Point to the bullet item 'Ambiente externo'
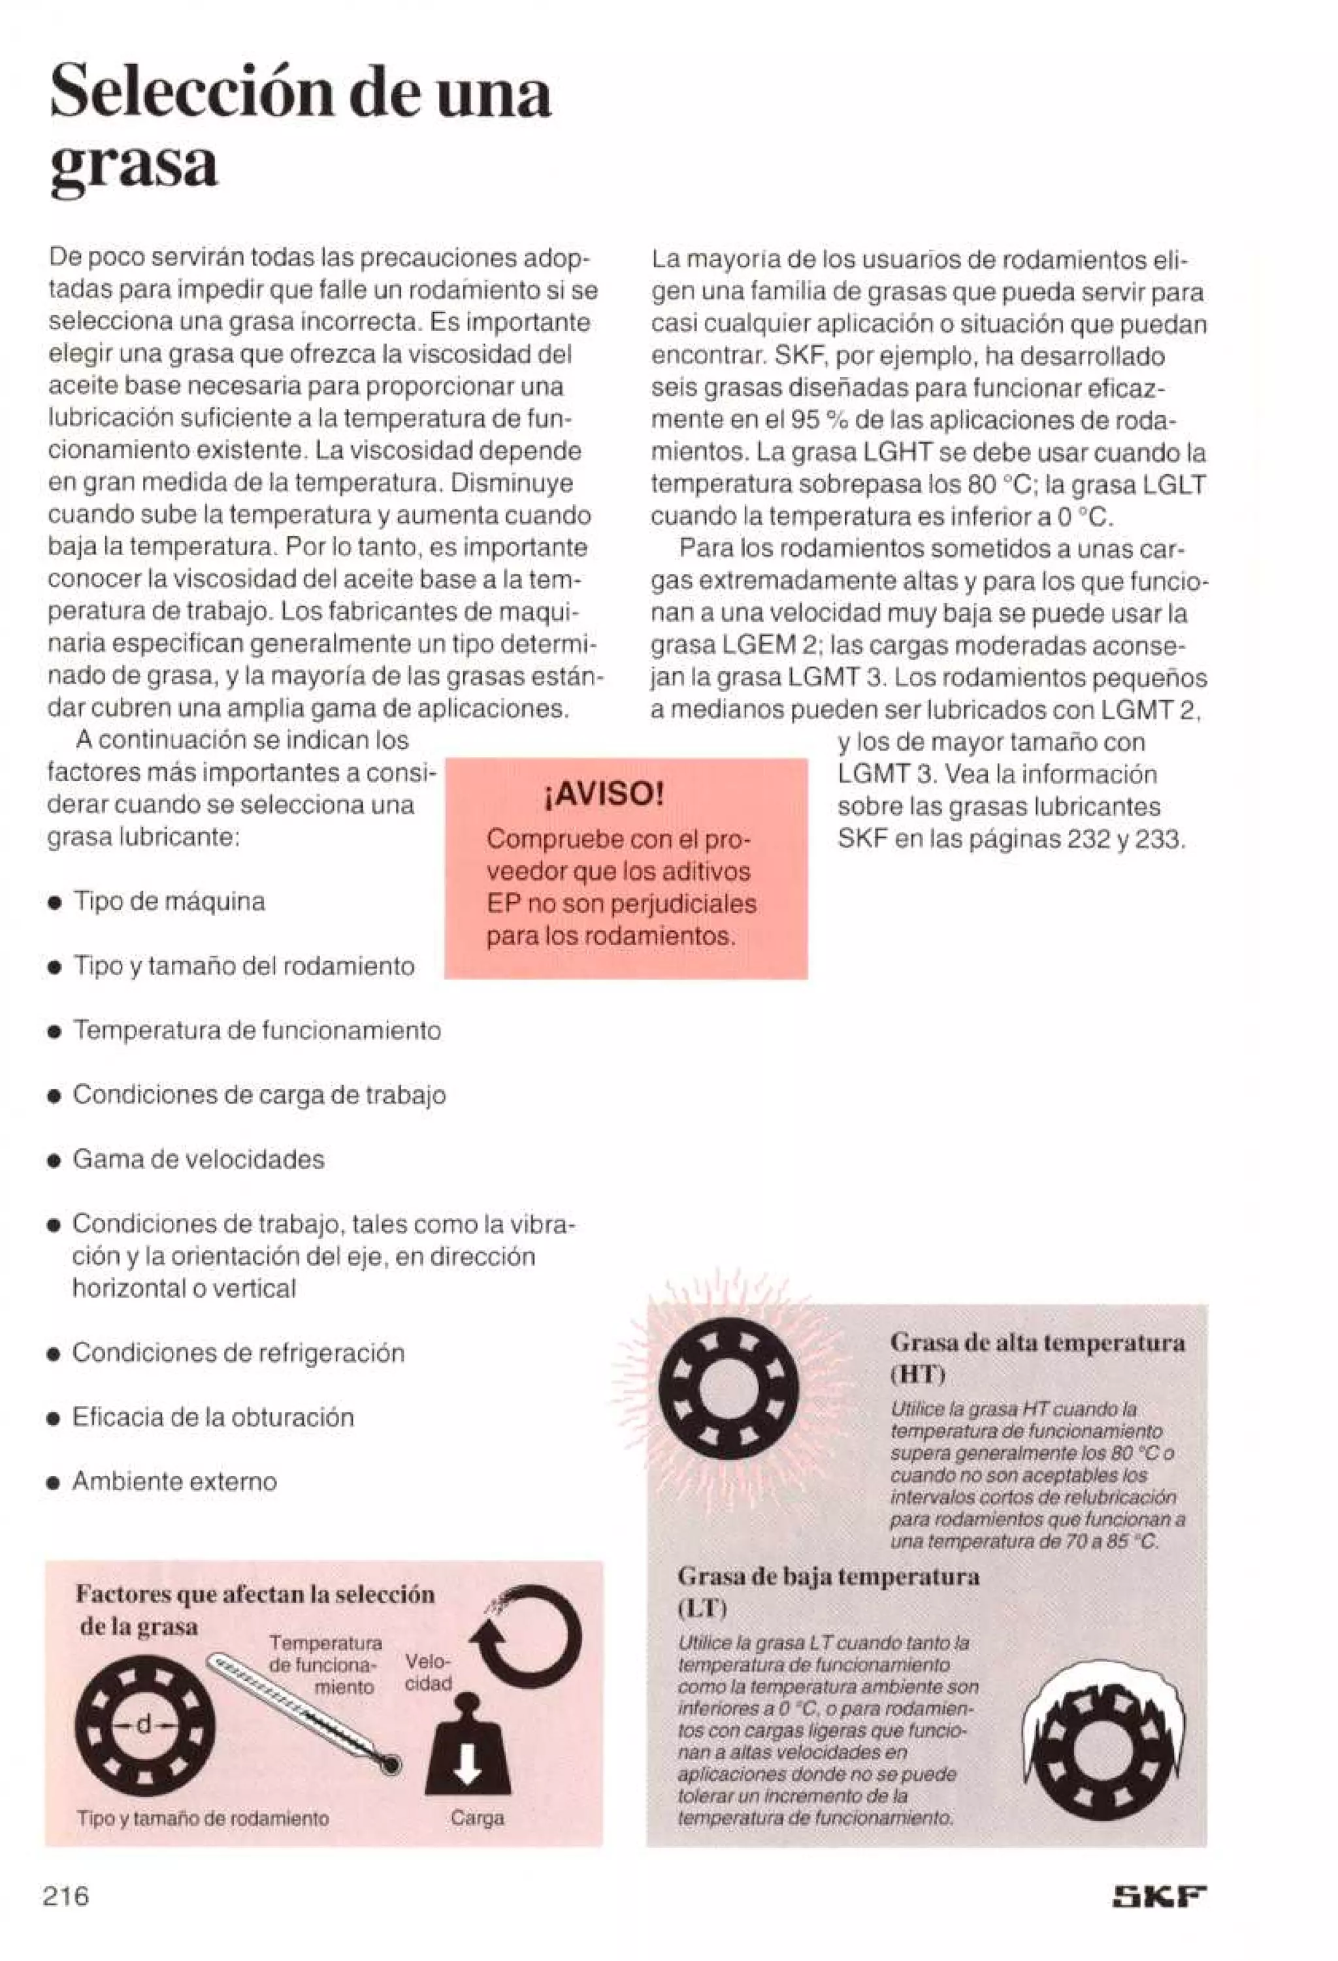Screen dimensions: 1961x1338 click(174, 1481)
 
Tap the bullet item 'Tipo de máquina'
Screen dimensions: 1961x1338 click(169, 901)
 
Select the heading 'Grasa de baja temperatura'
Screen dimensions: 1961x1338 click(828, 1576)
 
